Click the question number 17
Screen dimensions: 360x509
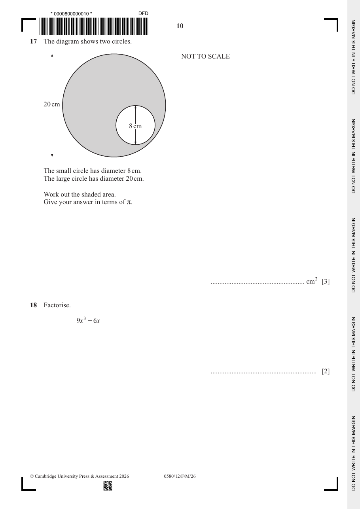33,42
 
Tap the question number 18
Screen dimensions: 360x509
33,305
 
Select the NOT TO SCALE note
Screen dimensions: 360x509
205,56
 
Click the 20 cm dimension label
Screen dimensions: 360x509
52,104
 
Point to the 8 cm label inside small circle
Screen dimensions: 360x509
135,126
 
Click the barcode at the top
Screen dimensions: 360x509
94,26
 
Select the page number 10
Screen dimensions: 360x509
180,26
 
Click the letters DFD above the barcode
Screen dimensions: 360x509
144,13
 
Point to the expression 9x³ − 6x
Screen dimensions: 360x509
88,320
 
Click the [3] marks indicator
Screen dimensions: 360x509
326,282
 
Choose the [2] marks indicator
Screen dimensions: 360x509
326,371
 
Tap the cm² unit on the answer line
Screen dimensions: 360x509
312,281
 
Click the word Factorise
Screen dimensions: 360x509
57,305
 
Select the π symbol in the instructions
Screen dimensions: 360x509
129,202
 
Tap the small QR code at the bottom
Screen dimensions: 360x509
108,486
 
